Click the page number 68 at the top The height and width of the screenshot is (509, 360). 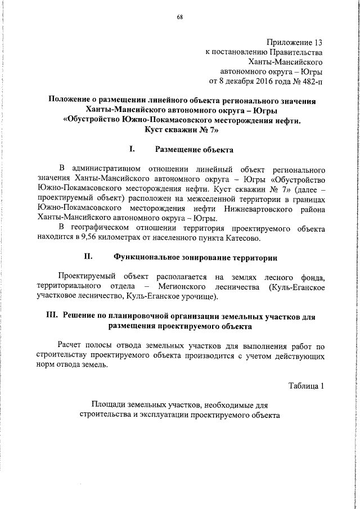click(180, 16)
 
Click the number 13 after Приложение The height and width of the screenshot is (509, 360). click(318, 42)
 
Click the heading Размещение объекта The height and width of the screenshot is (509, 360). click(193, 150)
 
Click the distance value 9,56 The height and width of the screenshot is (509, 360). click(98, 238)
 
